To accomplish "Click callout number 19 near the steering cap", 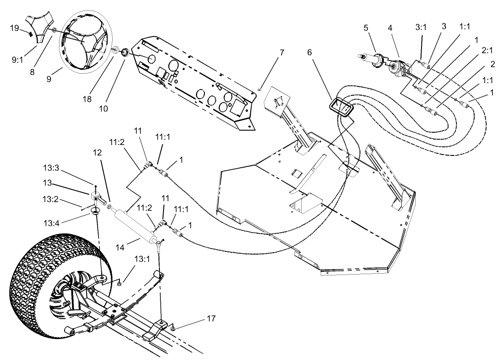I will pyautogui.click(x=14, y=28).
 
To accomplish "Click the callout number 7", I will pyautogui.click(x=282, y=53).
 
